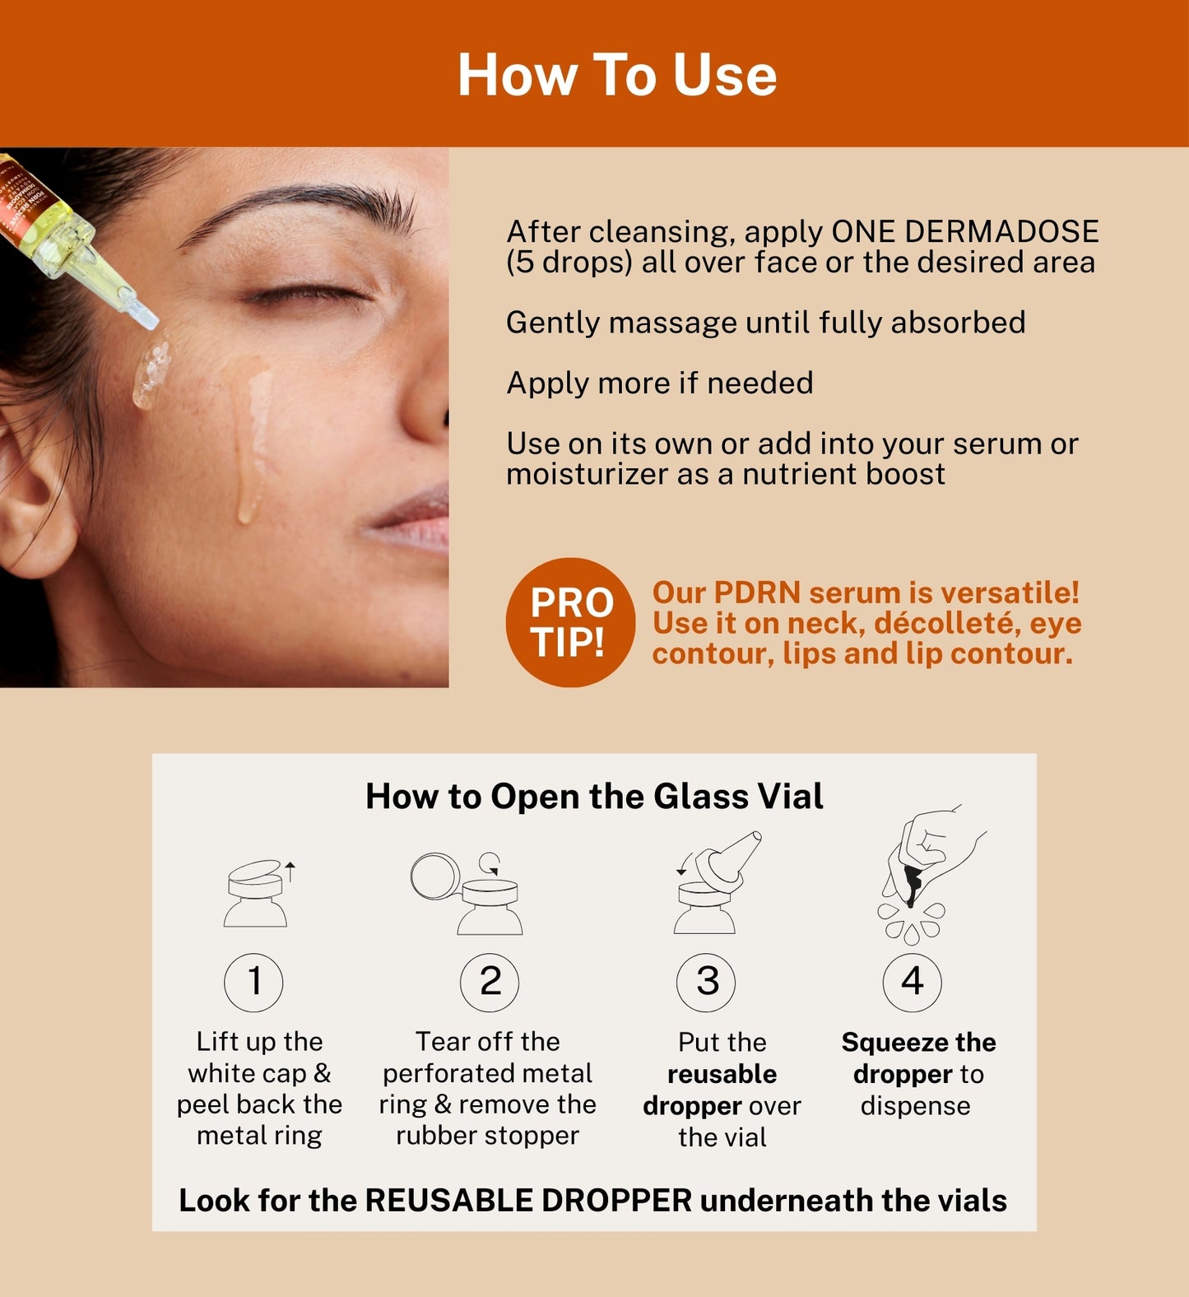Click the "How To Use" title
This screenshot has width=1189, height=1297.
pyautogui.click(x=617, y=75)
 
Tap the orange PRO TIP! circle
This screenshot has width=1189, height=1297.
pyautogui.click(x=570, y=622)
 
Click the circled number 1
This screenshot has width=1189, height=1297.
pyautogui.click(x=253, y=982)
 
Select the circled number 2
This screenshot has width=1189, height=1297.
pyautogui.click(x=490, y=982)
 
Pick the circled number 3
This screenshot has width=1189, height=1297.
pyautogui.click(x=706, y=982)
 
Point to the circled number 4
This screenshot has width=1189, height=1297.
pyautogui.click(x=912, y=982)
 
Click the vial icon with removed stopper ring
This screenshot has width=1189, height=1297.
pyautogui.click(x=467, y=893)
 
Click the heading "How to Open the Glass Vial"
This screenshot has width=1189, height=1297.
pyautogui.click(x=594, y=796)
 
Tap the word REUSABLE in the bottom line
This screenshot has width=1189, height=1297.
pyautogui.click(x=448, y=1200)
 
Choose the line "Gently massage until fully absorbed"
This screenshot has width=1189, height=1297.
pyautogui.click(x=766, y=323)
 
